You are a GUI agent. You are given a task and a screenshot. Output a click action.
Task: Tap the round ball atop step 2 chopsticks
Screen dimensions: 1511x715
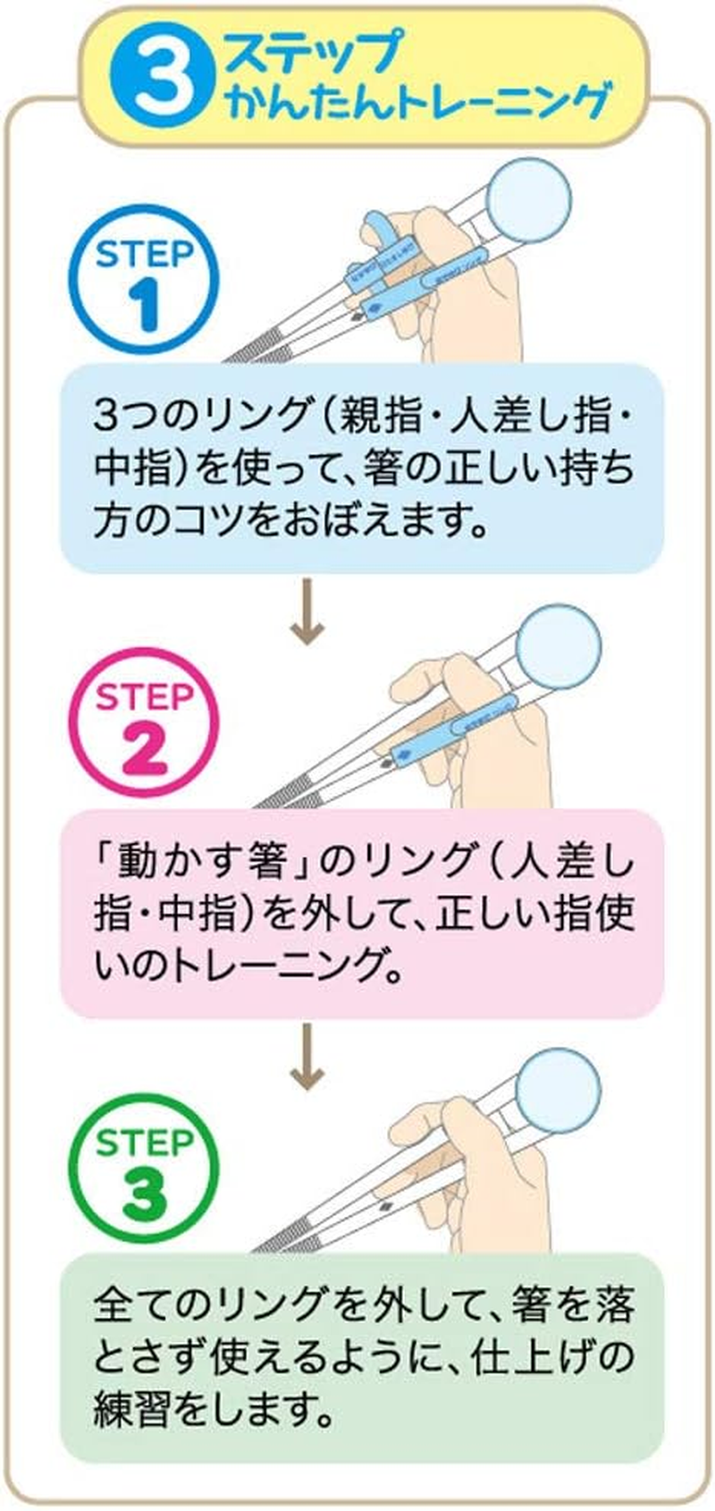558,643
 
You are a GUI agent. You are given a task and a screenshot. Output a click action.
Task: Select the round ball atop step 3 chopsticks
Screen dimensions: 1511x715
558,1087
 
